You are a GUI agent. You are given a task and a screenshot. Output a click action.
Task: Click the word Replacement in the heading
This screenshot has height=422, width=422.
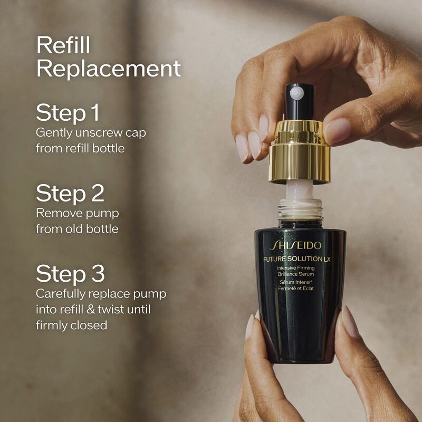(108, 69)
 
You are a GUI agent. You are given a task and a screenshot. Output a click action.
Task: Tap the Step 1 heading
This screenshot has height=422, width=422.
(68, 113)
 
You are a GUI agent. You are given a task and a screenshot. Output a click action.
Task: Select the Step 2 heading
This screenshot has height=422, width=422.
(70, 194)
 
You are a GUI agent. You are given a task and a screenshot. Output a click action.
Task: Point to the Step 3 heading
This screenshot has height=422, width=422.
(70, 274)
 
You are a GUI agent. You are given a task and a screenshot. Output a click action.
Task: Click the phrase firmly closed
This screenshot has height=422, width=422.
(71, 325)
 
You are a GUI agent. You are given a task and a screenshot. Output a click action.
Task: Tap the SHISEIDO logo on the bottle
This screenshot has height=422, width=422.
(295, 246)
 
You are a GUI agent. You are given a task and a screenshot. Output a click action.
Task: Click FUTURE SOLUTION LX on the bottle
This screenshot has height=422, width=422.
(296, 258)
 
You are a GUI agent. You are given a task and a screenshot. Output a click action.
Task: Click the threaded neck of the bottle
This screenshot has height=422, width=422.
(300, 208)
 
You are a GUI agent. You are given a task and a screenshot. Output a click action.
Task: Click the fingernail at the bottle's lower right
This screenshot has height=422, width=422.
(350, 321)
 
